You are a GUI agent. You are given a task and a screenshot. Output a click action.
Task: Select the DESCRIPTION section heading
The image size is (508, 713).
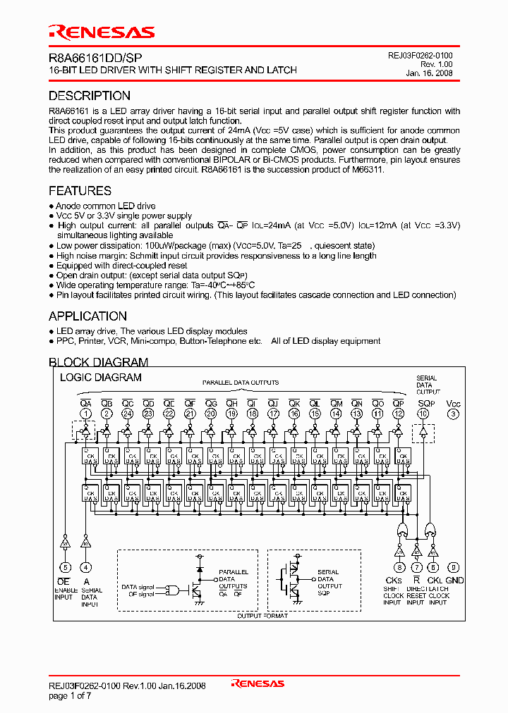[90, 96]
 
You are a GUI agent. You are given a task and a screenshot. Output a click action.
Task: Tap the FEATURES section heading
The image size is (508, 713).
[80, 191]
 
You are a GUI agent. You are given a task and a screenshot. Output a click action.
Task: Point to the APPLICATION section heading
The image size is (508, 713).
[88, 316]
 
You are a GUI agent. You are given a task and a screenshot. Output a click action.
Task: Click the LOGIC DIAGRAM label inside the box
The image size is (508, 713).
[100, 378]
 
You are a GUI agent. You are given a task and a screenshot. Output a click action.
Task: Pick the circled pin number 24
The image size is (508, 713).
[127, 414]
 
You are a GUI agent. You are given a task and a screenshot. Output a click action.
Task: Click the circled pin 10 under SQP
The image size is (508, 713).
[423, 414]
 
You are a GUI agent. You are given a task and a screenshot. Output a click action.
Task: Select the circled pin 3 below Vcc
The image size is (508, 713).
[453, 414]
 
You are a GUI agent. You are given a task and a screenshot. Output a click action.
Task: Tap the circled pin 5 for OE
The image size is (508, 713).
[65, 567]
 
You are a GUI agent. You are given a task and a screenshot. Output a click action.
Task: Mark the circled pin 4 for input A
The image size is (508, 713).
[86, 567]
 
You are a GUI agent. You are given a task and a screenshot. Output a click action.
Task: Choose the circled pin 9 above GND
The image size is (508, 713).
[454, 567]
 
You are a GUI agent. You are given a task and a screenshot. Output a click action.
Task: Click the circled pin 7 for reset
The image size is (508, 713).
[417, 567]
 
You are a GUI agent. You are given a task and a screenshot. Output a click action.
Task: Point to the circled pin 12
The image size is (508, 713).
[399, 414]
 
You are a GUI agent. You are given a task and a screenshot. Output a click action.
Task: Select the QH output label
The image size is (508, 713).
[231, 403]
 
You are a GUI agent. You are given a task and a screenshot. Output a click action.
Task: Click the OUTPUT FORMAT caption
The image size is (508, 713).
[262, 616]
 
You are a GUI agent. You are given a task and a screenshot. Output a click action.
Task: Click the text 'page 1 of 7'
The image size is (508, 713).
[70, 696]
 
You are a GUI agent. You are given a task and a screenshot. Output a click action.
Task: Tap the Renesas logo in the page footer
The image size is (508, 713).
[258, 683]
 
